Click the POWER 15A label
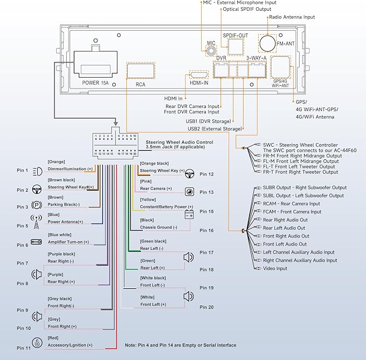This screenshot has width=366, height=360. (x=95, y=83)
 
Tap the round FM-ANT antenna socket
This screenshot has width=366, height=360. (x=267, y=43)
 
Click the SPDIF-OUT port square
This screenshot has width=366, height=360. (x=236, y=46)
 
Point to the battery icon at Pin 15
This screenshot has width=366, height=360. (x=190, y=215)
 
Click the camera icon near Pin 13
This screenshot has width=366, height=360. (x=190, y=192)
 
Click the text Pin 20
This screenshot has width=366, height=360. (x=206, y=307)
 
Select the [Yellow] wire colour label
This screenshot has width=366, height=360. (x=148, y=200)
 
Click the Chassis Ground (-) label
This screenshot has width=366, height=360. (x=158, y=227)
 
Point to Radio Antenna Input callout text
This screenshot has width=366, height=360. (x=292, y=17)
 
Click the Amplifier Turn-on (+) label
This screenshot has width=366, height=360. (x=68, y=242)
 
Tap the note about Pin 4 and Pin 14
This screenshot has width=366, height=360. (x=180, y=345)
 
